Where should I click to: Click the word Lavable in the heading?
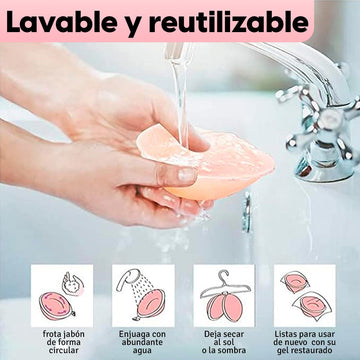[57, 22]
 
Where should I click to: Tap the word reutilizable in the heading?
[229, 22]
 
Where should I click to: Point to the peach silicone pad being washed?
[206, 161]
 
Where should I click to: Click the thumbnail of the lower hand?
[187, 174]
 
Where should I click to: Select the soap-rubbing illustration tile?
[62, 296]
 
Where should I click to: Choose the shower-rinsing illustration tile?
[143, 296]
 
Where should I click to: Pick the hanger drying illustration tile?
[224, 296]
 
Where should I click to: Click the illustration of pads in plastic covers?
[305, 296]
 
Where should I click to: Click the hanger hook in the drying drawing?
[224, 275]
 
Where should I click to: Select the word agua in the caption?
[142, 350]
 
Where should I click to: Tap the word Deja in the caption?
[213, 334]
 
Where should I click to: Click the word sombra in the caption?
[233, 350]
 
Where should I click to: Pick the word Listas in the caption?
[286, 334]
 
